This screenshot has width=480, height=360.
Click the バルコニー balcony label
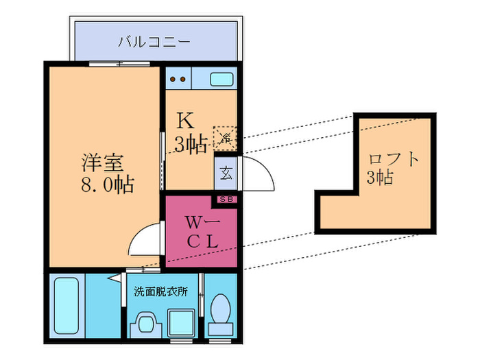154,40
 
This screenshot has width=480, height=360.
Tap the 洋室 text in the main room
103,164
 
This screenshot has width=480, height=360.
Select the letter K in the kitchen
184,121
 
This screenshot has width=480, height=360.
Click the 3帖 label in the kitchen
189,145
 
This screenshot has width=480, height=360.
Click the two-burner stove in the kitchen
179,78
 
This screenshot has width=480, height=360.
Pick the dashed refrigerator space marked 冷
224,137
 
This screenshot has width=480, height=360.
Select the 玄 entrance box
226,172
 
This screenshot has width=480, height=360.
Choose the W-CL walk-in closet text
203,231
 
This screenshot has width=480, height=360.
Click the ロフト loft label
394,160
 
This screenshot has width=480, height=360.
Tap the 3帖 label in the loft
379,178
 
